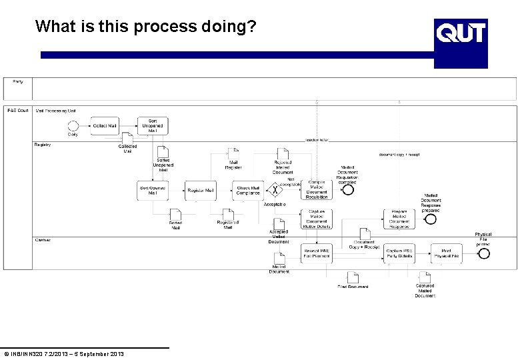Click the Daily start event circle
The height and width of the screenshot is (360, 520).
pyautogui.click(x=73, y=126)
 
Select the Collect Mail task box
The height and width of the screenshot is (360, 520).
pyautogui.click(x=105, y=126)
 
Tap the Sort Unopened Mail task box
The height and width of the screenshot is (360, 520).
pyautogui.click(x=153, y=126)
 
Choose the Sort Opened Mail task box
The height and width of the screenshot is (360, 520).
pyautogui.click(x=152, y=190)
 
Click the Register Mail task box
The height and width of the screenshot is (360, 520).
pyautogui.click(x=201, y=190)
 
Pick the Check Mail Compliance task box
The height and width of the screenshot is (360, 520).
pyautogui.click(x=248, y=190)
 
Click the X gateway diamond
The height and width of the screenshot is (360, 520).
pyautogui.click(x=274, y=190)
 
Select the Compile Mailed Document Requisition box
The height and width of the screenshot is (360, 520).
pyautogui.click(x=317, y=189)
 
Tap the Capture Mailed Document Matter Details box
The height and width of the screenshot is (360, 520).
pyautogui.click(x=317, y=219)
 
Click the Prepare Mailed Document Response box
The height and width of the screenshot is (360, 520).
pyautogui.click(x=399, y=219)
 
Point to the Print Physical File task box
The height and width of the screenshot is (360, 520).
pyautogui.click(x=447, y=253)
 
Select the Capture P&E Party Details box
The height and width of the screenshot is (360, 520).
pyautogui.click(x=399, y=253)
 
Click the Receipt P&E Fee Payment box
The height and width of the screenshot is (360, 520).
pyautogui.click(x=317, y=253)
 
